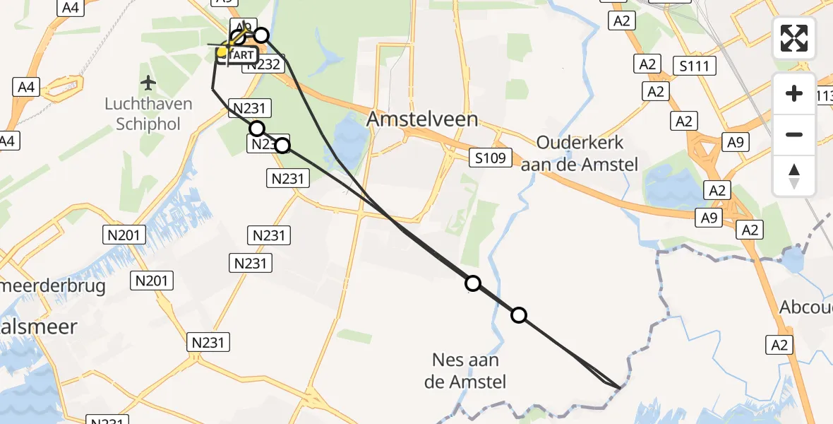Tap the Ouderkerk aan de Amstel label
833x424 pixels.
click(x=580, y=153)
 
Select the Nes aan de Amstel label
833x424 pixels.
click(x=465, y=371)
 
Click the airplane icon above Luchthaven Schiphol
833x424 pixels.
click(x=148, y=83)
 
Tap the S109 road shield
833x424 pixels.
click(x=490, y=158)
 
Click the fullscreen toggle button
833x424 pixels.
click(x=794, y=38)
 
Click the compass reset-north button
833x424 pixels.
click(x=794, y=176)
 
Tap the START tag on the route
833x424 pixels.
click(x=239, y=55)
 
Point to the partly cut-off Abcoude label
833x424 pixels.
click(x=806, y=307)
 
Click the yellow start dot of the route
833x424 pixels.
click(x=222, y=52)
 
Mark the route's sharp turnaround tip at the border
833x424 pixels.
click(x=620, y=387)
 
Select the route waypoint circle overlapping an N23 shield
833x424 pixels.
click(x=282, y=146)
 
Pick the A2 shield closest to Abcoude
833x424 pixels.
click(x=779, y=344)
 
